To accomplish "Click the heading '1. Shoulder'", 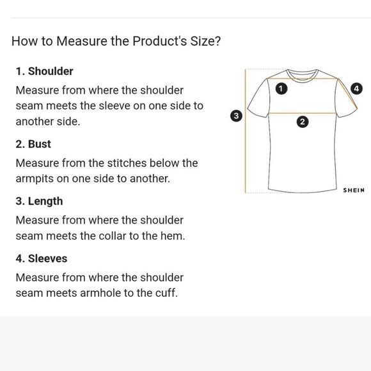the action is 45,71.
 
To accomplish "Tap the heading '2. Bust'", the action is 33,144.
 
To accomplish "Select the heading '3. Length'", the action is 39,201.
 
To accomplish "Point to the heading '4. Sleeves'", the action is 42,258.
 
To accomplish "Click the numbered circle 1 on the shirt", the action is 281,89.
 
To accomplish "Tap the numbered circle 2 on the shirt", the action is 303,122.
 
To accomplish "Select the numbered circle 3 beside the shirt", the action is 236,116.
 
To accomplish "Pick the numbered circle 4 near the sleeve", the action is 356,89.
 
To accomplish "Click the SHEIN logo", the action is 354,190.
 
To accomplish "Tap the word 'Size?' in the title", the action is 205,41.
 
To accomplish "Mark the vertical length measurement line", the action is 246,131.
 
